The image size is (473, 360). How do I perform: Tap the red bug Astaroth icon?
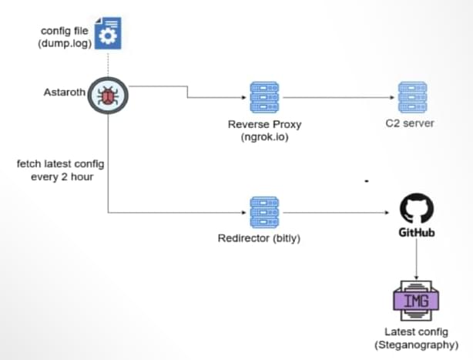[x=109, y=96]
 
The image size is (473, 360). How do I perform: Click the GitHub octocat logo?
[x=418, y=208]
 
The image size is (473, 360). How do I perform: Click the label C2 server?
[x=409, y=124]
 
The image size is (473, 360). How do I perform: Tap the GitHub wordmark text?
[x=418, y=231]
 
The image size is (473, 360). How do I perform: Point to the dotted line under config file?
[x=108, y=66]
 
